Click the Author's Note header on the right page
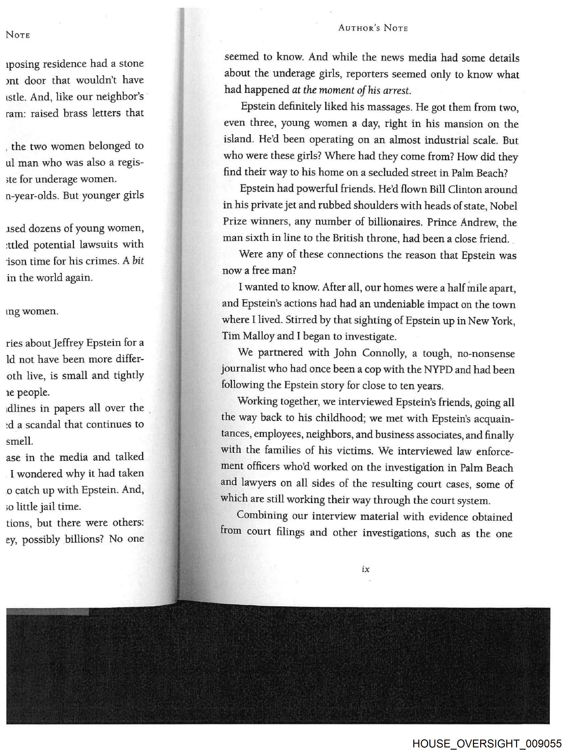(x=373, y=28)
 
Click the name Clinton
(x=467, y=189)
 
